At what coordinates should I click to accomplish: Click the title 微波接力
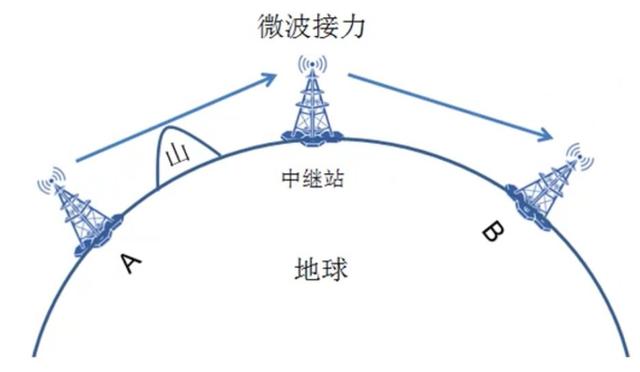(x=319, y=24)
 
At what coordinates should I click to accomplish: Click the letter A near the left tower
(x=129, y=263)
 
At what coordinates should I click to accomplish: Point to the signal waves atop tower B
(x=577, y=155)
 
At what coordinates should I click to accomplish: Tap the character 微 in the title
(x=268, y=24)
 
